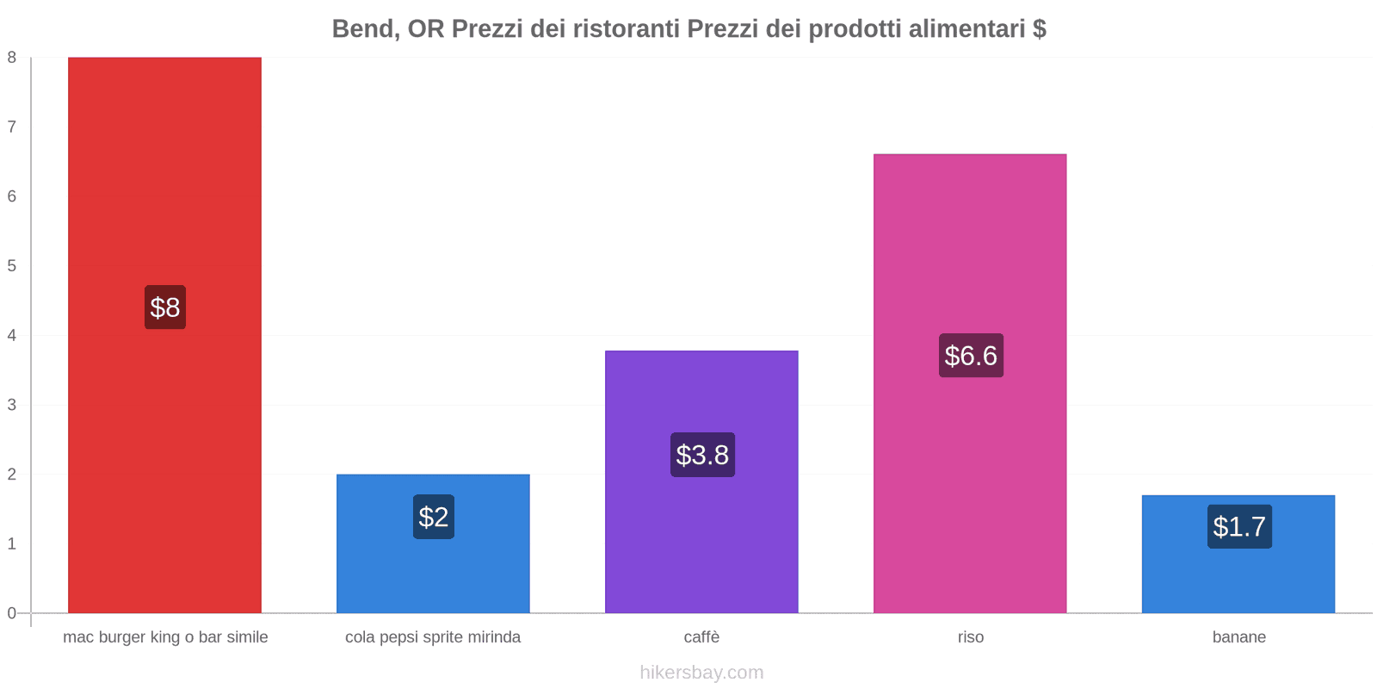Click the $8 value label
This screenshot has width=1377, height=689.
click(x=165, y=307)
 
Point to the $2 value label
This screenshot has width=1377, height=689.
click(x=434, y=517)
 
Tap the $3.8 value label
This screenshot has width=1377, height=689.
click(x=702, y=455)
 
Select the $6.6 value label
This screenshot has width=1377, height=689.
click(x=971, y=356)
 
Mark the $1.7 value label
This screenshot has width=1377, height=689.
click(x=1239, y=526)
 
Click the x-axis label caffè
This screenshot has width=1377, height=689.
click(x=701, y=637)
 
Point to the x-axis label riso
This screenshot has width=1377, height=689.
click(x=971, y=637)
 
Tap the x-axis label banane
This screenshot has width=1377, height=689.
click(x=1238, y=637)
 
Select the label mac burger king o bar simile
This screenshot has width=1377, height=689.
click(x=165, y=637)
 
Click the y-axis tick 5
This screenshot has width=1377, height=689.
click(x=12, y=265)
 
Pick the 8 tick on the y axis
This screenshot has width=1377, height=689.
click(x=12, y=58)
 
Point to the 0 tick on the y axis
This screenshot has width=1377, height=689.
click(x=12, y=613)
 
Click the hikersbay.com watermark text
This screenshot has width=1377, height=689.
click(x=701, y=673)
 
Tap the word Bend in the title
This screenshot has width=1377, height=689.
click(x=364, y=29)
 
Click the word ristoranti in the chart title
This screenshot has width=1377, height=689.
click(x=626, y=29)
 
